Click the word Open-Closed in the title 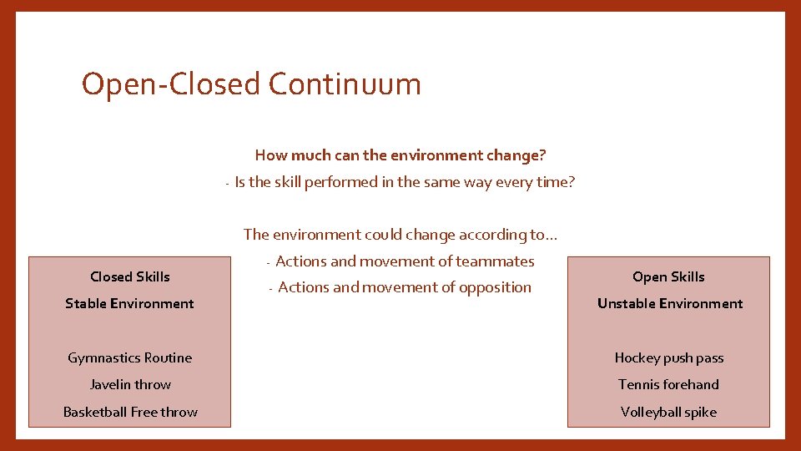[x=170, y=84]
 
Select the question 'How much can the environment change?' [x=400, y=155]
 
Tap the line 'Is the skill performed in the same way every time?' [x=405, y=182]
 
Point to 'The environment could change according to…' [x=400, y=235]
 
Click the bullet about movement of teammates [x=405, y=261]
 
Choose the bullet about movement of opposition [x=405, y=287]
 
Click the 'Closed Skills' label [x=130, y=276]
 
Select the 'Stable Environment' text [x=129, y=303]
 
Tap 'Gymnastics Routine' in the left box [x=129, y=357]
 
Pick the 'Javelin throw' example [x=130, y=384]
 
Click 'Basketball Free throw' [x=130, y=412]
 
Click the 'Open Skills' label [x=668, y=276]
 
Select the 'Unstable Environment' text [x=669, y=303]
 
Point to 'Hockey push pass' [x=669, y=357]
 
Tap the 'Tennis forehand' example [x=668, y=384]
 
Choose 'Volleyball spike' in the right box [x=668, y=412]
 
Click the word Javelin [x=110, y=384]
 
